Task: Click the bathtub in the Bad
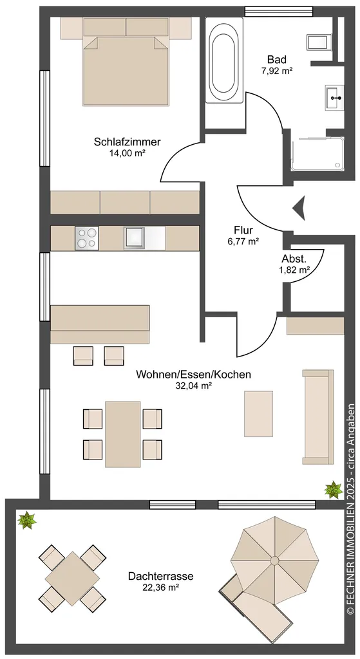[x=223, y=60]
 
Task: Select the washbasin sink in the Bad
[x=334, y=98]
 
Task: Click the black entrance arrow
[x=299, y=208]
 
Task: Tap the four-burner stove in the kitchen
[x=87, y=238]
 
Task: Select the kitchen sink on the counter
[x=135, y=238]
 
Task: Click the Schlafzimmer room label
[x=122, y=142]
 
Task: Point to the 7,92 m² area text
[x=277, y=71]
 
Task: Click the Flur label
[x=243, y=230]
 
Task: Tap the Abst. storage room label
[x=292, y=260]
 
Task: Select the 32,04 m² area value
[x=193, y=385]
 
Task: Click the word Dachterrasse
[x=161, y=576]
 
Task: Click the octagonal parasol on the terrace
[x=274, y=561]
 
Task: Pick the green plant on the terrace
[x=27, y=520]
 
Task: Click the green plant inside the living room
[x=334, y=490]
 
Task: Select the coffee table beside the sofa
[x=258, y=414]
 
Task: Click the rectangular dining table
[x=123, y=434]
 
